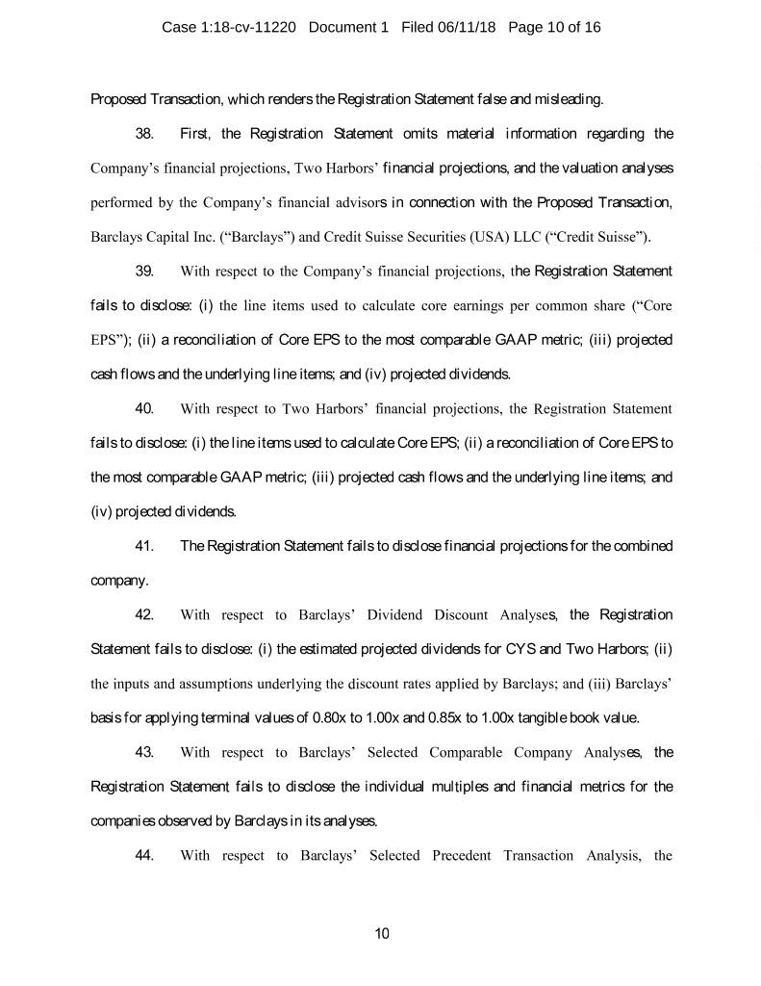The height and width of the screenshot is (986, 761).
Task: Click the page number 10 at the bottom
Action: click(x=381, y=932)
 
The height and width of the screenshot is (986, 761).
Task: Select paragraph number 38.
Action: click(x=146, y=133)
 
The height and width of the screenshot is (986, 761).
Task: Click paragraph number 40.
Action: click(x=146, y=408)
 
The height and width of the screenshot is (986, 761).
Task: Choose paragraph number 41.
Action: click(x=146, y=547)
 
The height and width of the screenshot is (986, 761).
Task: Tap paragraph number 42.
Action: click(x=146, y=613)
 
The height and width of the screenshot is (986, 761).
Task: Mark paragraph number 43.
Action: click(x=146, y=751)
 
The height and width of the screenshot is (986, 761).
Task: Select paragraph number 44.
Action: click(x=146, y=855)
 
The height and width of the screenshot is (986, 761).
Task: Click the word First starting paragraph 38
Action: click(x=196, y=133)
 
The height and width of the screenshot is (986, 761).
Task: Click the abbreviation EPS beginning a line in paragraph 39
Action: click(x=106, y=340)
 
